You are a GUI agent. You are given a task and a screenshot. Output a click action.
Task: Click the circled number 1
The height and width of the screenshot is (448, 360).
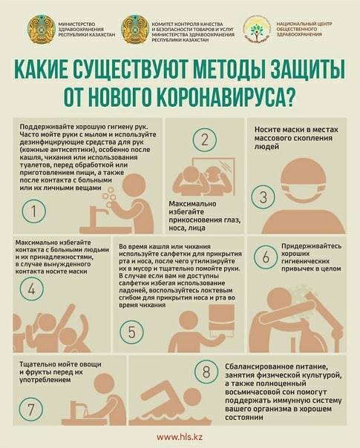tap(33, 211)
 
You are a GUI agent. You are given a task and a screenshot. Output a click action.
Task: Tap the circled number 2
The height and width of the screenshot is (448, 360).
tap(204, 139)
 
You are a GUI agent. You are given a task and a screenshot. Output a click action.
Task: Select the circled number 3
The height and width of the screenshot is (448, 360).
tap(263, 197)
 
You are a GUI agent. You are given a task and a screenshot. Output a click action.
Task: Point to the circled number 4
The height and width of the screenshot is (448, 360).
tap(31, 289)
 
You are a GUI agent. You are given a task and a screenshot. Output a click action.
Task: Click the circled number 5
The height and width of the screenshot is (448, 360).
tap(131, 332)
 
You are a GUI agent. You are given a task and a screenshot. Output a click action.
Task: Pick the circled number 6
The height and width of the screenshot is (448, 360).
tap(266, 257)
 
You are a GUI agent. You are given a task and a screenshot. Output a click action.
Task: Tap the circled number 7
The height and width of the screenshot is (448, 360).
tap(31, 409)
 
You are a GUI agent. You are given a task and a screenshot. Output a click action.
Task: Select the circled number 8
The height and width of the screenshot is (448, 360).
tap(206, 372)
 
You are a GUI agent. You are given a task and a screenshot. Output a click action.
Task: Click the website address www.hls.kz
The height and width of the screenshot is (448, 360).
tap(180, 437)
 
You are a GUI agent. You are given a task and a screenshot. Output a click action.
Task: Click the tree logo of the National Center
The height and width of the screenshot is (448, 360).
tap(257, 30)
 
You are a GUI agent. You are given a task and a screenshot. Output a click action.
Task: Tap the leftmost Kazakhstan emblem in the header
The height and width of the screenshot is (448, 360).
tap(41, 30)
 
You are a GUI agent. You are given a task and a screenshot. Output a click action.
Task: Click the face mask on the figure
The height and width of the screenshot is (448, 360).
tap(304, 194)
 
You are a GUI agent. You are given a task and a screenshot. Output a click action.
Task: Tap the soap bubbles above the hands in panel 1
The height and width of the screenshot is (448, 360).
tap(110, 196)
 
